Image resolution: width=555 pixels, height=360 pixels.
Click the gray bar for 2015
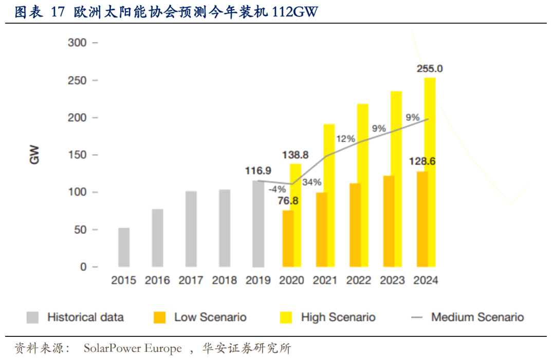[124, 247]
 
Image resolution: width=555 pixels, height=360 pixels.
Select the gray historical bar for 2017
[191, 229]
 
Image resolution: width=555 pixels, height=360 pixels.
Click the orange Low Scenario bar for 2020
[288, 238]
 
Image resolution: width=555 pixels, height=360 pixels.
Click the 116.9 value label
[258, 170]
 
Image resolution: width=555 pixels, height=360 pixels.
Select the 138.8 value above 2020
[295, 155]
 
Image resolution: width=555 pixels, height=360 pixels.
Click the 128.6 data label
[422, 161]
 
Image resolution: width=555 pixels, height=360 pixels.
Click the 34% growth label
[312, 182]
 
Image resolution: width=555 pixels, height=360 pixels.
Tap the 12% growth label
[346, 139]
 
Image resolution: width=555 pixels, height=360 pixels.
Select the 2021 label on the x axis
[325, 280]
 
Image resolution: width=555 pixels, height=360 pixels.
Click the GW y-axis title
[35, 155]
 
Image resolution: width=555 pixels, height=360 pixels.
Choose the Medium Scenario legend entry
[468, 317]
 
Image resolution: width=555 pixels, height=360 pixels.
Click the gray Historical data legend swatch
[32, 317]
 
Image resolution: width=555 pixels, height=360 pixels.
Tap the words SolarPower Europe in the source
[133, 349]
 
